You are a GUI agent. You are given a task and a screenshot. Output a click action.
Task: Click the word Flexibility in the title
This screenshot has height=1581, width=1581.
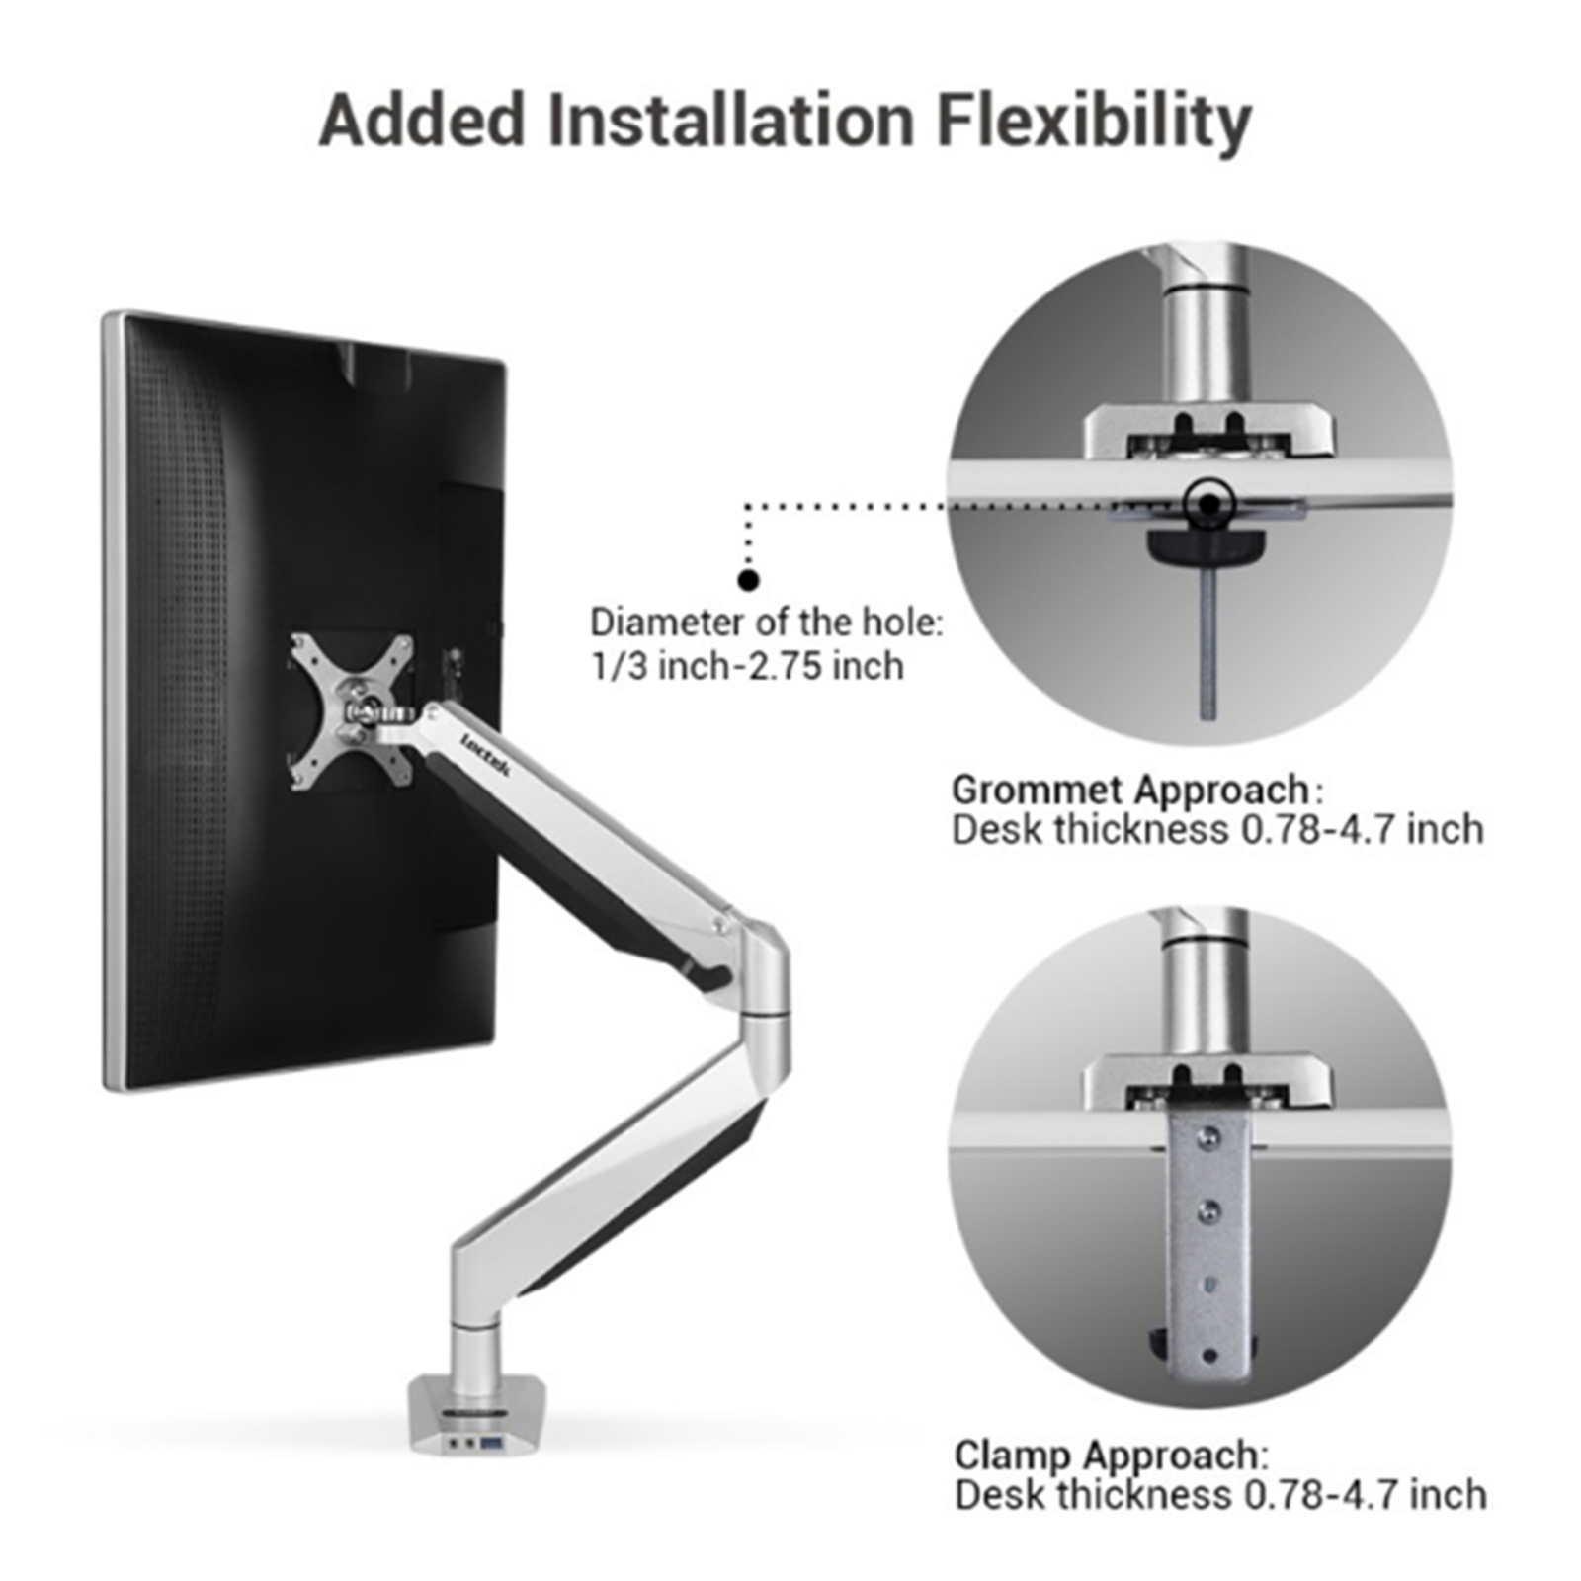point(1094,123)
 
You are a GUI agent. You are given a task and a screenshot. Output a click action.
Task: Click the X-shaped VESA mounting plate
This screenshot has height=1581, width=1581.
point(352,711)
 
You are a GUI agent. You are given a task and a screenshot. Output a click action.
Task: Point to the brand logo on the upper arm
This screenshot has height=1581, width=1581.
point(484,757)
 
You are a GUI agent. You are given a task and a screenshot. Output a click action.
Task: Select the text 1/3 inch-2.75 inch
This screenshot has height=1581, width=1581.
point(747,666)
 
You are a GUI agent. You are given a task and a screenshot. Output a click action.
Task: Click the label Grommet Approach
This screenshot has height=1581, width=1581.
point(1130,790)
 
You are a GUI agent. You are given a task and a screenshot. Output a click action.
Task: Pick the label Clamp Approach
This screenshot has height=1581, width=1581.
point(1107,1456)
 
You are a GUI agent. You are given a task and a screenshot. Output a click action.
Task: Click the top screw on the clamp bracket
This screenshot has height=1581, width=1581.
point(1206,1139)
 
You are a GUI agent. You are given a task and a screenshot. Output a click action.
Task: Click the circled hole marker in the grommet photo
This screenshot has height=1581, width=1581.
point(1209,504)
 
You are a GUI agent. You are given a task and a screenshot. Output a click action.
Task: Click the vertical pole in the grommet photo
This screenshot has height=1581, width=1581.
point(1207,346)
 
